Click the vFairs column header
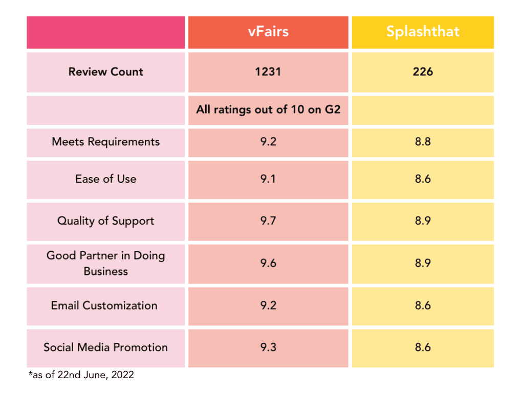268,32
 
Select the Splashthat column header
423,32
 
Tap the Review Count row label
106,72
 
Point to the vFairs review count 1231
268,72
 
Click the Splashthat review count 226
423,72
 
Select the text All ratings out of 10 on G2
268,110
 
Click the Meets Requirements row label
106,142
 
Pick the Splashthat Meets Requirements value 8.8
423,142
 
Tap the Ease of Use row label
106,179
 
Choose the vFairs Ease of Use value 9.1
268,179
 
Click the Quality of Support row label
106,221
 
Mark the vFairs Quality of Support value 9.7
268,221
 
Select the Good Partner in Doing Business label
106,263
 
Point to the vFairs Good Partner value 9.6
268,263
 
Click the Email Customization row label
104,305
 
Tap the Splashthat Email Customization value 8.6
423,305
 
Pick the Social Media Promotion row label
106,347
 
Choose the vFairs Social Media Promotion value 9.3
268,347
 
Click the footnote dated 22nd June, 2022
81,375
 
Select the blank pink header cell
106,32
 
